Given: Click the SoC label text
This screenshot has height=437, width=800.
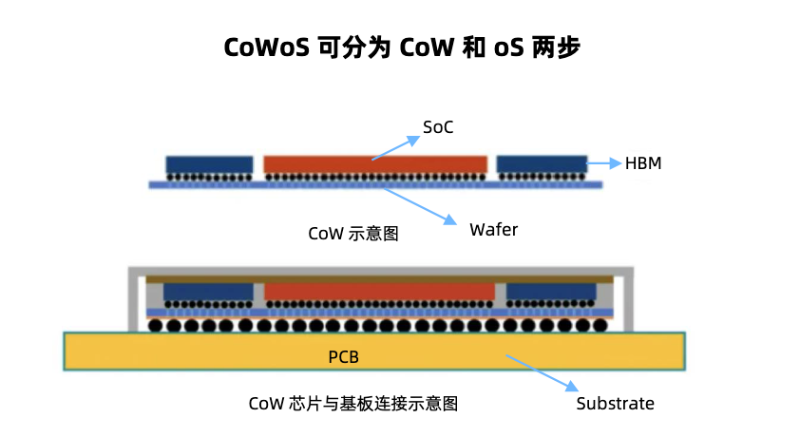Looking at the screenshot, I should point(438,126).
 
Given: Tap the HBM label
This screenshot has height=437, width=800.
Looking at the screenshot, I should point(643,163).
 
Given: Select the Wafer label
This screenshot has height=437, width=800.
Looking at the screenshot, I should point(493,229).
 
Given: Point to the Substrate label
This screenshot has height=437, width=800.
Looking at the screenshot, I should point(615,403).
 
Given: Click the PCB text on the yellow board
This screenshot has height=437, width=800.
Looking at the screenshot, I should point(343,358).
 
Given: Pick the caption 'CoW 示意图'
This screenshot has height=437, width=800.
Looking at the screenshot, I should point(353,234).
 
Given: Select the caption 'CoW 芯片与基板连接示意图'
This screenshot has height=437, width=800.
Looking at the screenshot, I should point(353,404).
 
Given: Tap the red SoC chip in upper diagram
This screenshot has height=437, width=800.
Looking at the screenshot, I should point(375,164).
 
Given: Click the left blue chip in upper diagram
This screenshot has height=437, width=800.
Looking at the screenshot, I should point(209,164).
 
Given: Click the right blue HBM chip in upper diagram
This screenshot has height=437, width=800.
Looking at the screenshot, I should point(542,164).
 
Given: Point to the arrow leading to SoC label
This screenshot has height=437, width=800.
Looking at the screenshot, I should point(395,148).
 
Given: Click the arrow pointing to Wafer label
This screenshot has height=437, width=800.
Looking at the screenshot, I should point(418,204).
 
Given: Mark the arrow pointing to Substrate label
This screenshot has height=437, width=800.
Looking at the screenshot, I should point(542,372).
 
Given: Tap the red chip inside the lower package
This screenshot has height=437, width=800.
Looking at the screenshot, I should point(379,291).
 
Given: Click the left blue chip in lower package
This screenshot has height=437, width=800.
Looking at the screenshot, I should point(208,291).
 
